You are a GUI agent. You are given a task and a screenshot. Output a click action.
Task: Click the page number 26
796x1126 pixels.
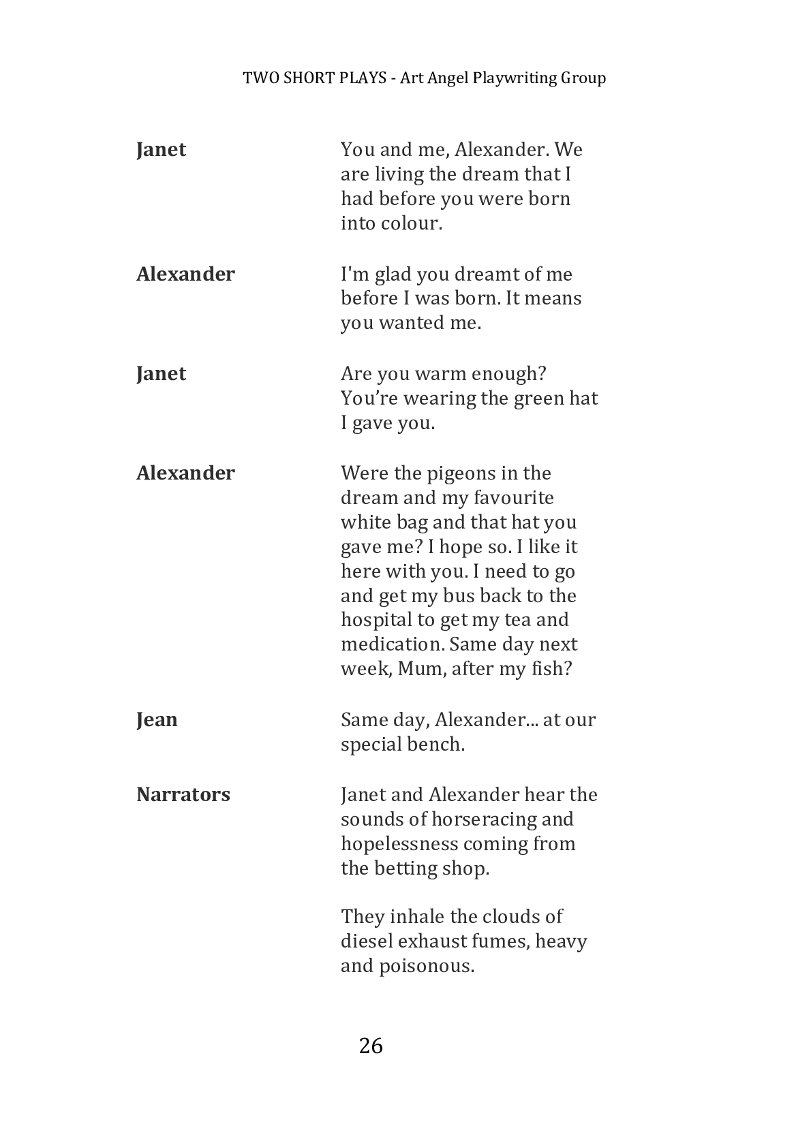pos(371,1046)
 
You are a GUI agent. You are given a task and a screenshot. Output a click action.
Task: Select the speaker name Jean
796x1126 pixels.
pos(157,719)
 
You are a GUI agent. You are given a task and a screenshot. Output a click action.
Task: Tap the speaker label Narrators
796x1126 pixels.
pos(183,794)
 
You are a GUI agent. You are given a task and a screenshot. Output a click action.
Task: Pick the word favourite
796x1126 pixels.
pos(511,497)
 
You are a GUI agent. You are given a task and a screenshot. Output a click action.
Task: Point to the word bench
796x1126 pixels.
pos(435,744)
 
